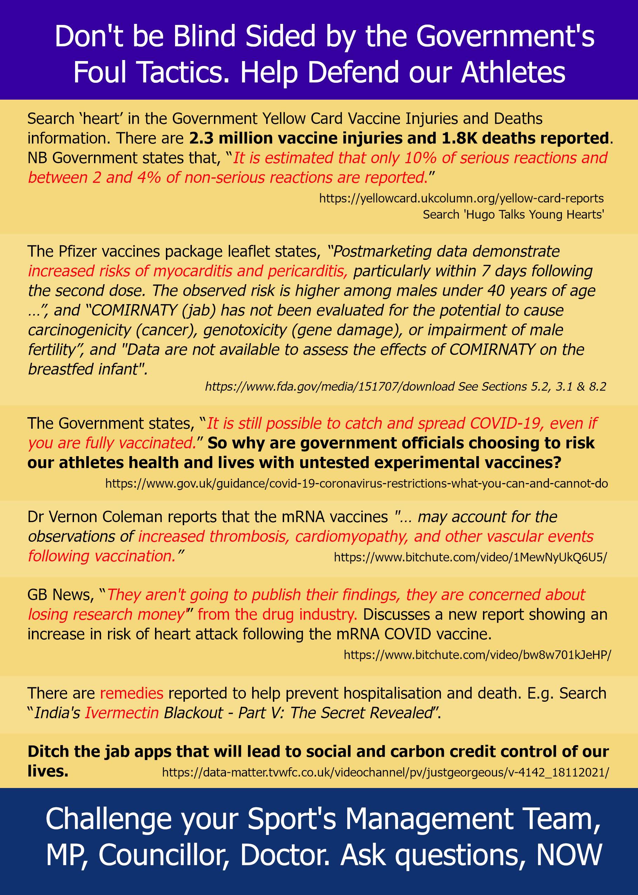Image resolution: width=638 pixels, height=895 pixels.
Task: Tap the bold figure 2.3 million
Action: click(x=230, y=138)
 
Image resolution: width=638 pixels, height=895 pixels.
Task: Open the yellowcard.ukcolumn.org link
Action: click(x=461, y=199)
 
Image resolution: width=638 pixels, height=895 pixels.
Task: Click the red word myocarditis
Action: click(x=190, y=271)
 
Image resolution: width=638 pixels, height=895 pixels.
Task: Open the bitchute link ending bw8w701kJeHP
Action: click(x=477, y=655)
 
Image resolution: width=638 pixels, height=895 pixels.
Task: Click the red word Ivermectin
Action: click(x=122, y=713)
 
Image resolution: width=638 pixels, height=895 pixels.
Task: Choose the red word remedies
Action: click(x=131, y=693)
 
